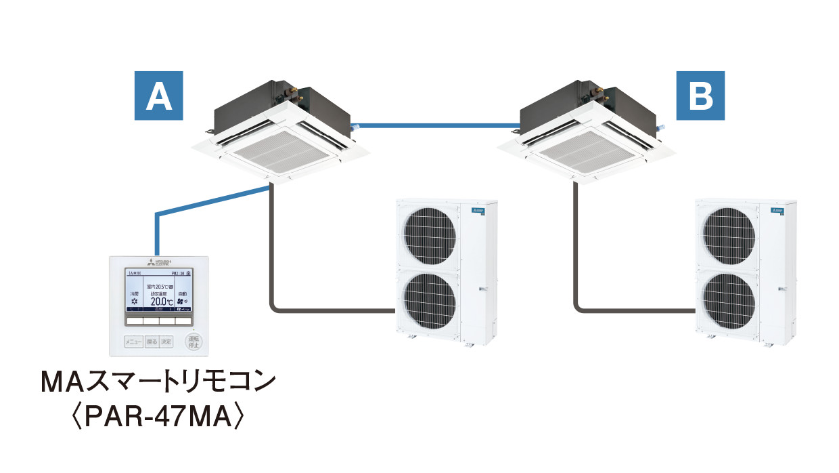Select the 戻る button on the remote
point(152,342)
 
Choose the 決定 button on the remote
point(167,342)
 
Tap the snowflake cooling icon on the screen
point(134,301)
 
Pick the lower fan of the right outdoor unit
point(728,300)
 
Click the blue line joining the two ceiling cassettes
point(436,125)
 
